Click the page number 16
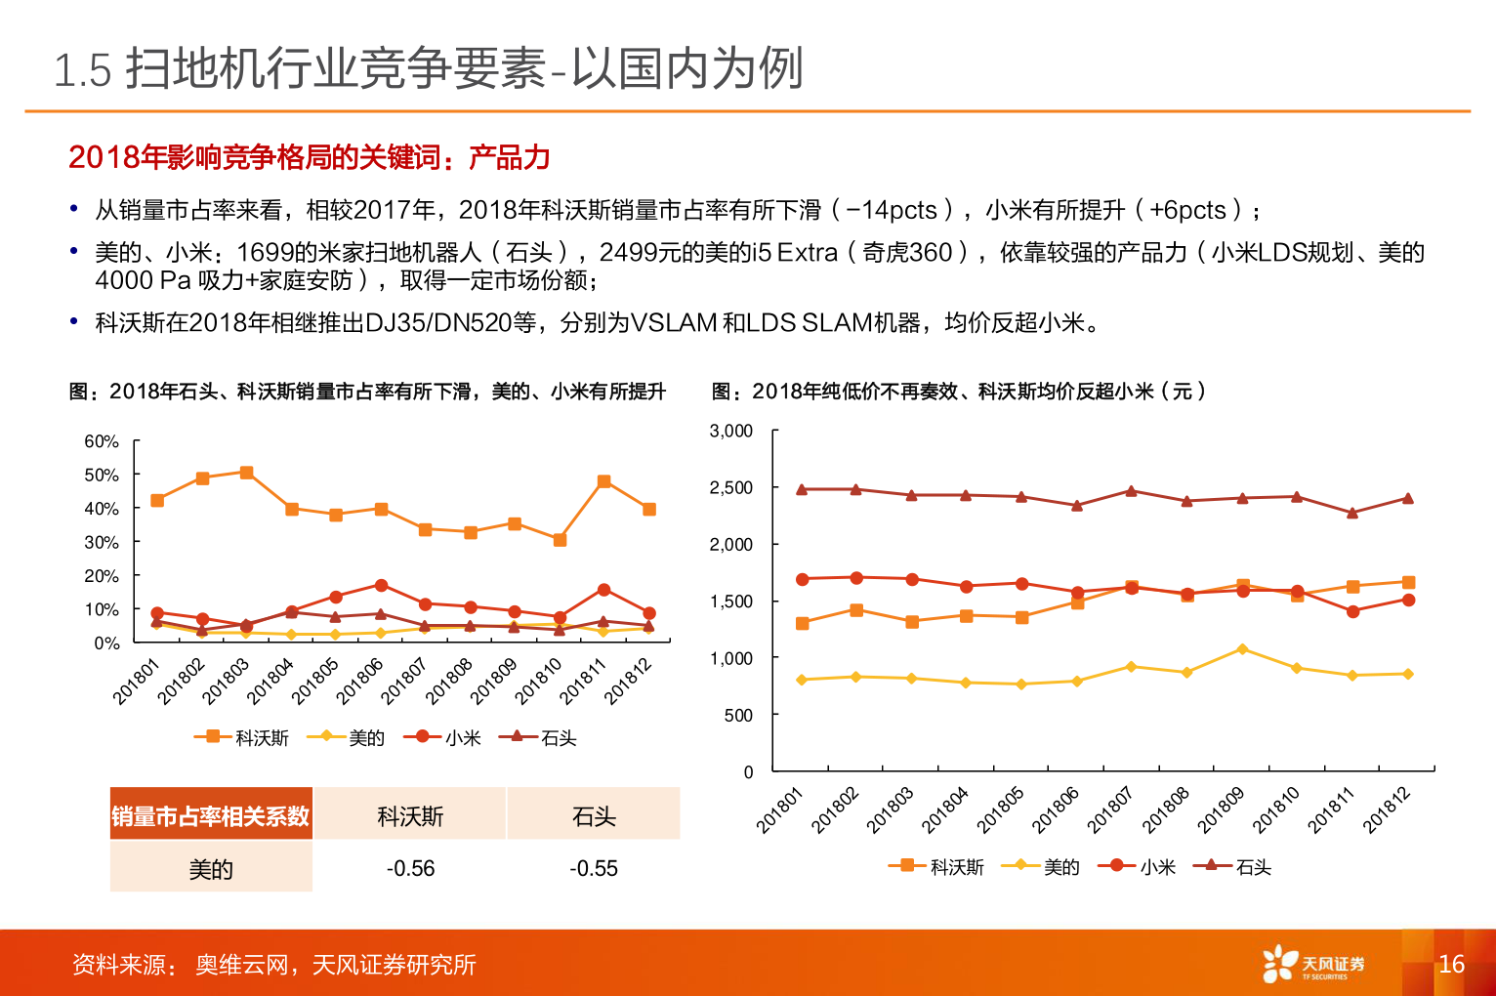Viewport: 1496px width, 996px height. [x=1451, y=964]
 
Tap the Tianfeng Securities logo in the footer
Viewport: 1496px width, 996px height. [x=1312, y=964]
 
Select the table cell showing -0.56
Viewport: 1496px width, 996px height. [x=410, y=868]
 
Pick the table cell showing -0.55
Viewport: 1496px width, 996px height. [x=594, y=868]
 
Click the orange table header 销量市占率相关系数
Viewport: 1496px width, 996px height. [x=211, y=815]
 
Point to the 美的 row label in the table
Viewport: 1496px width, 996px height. [x=211, y=868]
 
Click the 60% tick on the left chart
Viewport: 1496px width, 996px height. [x=102, y=441]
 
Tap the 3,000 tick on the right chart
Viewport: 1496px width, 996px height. [x=730, y=431]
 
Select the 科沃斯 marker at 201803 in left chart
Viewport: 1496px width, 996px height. [x=246, y=473]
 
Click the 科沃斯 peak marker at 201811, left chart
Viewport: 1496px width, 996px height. [x=603, y=481]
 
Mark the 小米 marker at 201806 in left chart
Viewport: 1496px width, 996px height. [x=381, y=586]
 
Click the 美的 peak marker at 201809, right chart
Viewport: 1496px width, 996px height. [x=1242, y=649]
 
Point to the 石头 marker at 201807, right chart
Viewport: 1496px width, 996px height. [x=1131, y=491]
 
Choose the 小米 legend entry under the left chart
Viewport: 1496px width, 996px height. [x=448, y=738]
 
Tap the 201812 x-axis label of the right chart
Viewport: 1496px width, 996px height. [x=1388, y=810]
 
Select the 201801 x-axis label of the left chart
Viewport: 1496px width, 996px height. [x=136, y=681]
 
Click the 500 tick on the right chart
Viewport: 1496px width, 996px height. [x=738, y=715]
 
